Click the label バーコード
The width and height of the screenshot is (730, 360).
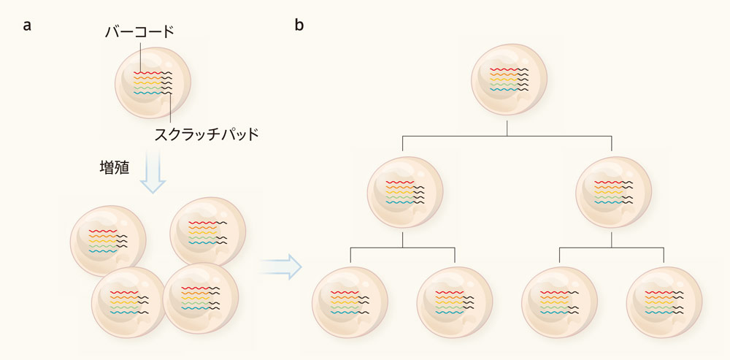(140, 32)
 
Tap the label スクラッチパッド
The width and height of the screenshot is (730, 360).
(207, 134)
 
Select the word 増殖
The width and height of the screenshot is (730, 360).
(115, 167)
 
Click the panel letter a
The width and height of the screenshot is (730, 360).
(27, 26)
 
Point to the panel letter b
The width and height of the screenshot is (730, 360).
(299, 26)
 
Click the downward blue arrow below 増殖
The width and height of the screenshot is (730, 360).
(153, 172)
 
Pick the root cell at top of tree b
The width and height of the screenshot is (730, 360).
(507, 78)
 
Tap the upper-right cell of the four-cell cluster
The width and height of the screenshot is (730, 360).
(207, 232)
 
